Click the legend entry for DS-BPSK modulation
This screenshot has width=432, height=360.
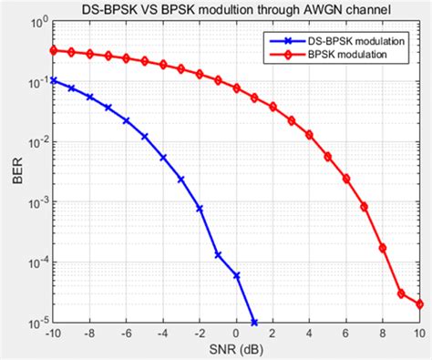click(x=342, y=42)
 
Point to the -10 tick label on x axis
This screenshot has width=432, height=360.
click(x=53, y=334)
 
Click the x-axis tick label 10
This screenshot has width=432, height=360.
click(x=419, y=334)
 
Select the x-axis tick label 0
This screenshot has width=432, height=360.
click(x=236, y=334)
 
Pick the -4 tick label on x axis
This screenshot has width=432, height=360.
click(x=162, y=334)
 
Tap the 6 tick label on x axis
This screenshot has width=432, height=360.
click(x=346, y=334)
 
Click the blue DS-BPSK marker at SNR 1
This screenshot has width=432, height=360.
click(x=254, y=323)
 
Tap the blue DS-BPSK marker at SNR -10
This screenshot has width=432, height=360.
click(x=53, y=80)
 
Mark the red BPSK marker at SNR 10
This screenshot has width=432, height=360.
click(x=419, y=304)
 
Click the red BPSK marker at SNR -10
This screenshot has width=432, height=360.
click(x=53, y=50)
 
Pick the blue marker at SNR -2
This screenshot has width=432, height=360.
click(x=200, y=209)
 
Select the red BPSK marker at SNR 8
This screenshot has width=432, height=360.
click(x=383, y=247)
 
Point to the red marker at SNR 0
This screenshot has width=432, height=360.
click(x=236, y=88)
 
